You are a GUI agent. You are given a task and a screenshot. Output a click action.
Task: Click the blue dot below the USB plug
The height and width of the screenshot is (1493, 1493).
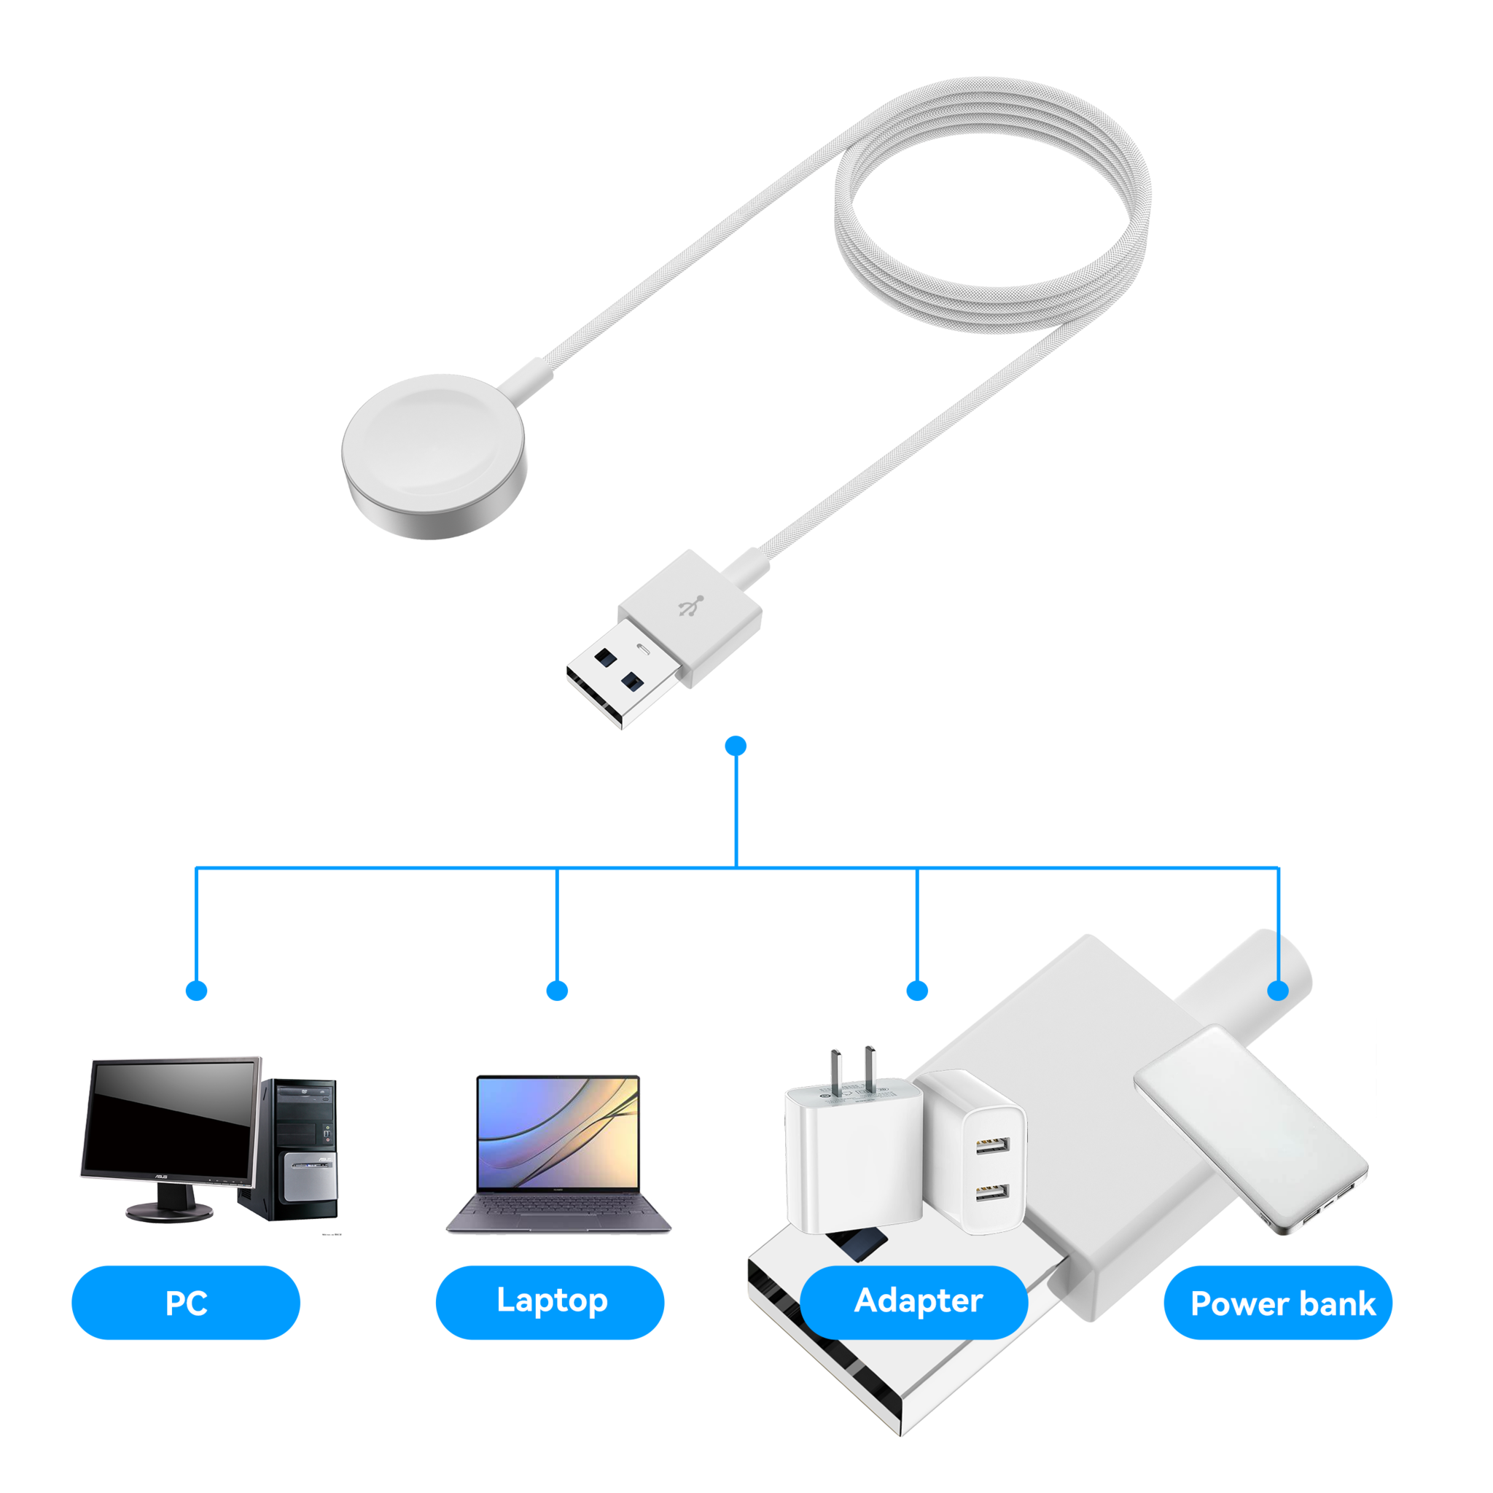736,746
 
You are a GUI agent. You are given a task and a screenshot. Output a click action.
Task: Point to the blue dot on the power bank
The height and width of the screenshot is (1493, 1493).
1278,990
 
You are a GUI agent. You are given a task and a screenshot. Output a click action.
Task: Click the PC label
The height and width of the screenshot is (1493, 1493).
186,1303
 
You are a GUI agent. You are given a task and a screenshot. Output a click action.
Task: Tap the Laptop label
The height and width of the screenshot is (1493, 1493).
552,1300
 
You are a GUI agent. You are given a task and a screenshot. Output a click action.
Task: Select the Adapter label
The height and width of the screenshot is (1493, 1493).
917,1301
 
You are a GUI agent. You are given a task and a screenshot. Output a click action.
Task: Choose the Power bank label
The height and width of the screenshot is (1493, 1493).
1283,1303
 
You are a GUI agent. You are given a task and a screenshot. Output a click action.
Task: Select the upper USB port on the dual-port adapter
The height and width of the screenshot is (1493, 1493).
992,1144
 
